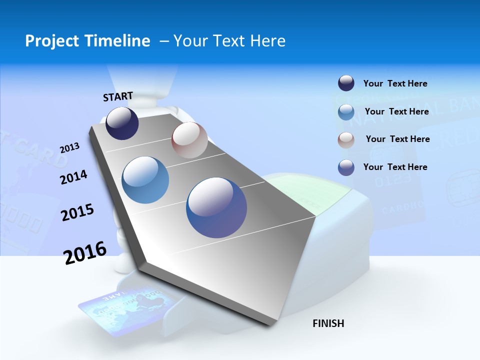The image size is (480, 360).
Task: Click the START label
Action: coord(118,96)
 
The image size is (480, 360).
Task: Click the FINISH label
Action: coord(328,323)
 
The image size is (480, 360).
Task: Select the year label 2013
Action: coord(69,148)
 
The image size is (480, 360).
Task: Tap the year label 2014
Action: coord(73,177)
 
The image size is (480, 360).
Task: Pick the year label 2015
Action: coord(77,212)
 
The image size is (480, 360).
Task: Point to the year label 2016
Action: coord(85,253)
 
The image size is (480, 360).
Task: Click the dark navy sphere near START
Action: coord(122,123)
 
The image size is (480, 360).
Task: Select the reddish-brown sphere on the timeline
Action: coord(189,140)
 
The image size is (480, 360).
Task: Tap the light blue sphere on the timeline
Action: coord(145,180)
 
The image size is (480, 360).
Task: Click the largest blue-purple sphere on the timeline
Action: coord(216,207)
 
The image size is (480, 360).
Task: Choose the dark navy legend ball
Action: coord(346,83)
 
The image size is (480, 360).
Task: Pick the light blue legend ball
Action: coord(346,112)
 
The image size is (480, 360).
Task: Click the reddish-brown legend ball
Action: coord(346,139)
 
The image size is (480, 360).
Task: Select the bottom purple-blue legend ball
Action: coord(346,167)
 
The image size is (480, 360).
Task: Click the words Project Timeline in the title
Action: coord(87,41)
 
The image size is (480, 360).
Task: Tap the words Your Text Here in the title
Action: coord(229,41)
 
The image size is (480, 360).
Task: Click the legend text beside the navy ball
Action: coord(395,83)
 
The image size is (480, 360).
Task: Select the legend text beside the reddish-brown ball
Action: coord(397,139)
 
